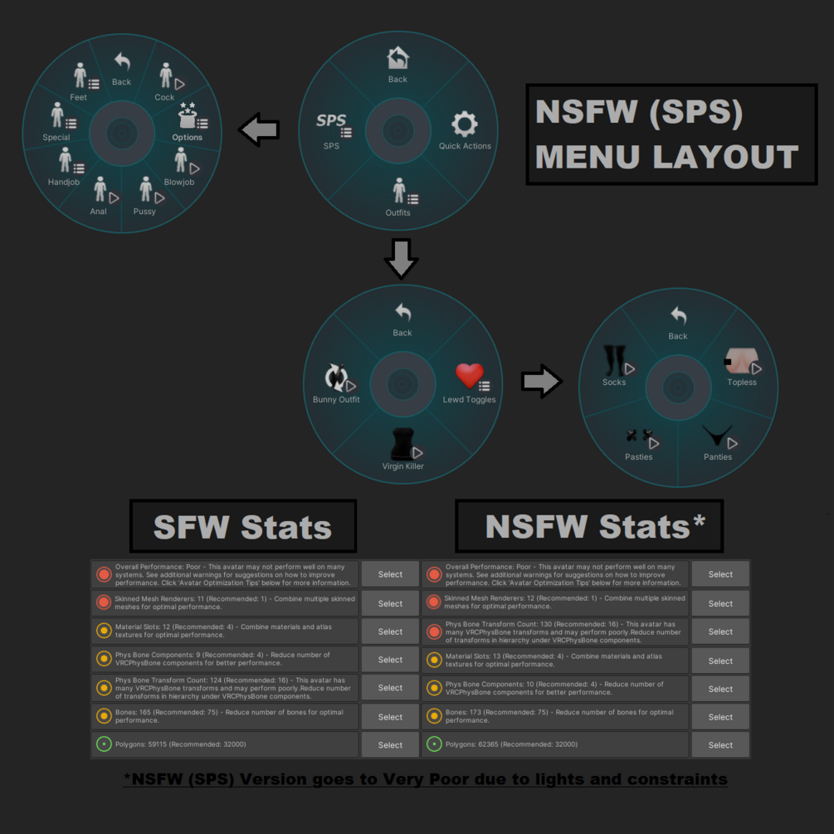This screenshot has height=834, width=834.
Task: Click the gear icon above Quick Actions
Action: tap(465, 124)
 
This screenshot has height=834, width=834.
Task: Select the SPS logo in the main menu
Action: tap(331, 120)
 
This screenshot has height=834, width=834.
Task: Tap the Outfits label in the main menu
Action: tap(397, 212)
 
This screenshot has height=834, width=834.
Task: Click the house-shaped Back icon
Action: tap(397, 58)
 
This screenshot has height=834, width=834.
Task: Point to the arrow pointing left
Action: tap(259, 129)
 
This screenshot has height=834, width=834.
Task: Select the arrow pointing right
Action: tap(541, 382)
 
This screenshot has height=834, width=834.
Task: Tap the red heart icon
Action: tap(469, 376)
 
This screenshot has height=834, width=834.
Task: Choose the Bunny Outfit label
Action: tap(336, 399)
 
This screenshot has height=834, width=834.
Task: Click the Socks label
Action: tap(614, 382)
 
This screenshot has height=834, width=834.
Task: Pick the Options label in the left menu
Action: tap(188, 137)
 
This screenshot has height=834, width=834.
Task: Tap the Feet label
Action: tap(78, 97)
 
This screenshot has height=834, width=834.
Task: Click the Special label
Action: tap(56, 137)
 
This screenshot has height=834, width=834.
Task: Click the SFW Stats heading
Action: tap(242, 527)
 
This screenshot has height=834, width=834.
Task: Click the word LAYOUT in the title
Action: tap(725, 157)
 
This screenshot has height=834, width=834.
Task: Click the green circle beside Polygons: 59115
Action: tap(104, 744)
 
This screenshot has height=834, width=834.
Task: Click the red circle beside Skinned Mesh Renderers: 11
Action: tap(104, 602)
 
